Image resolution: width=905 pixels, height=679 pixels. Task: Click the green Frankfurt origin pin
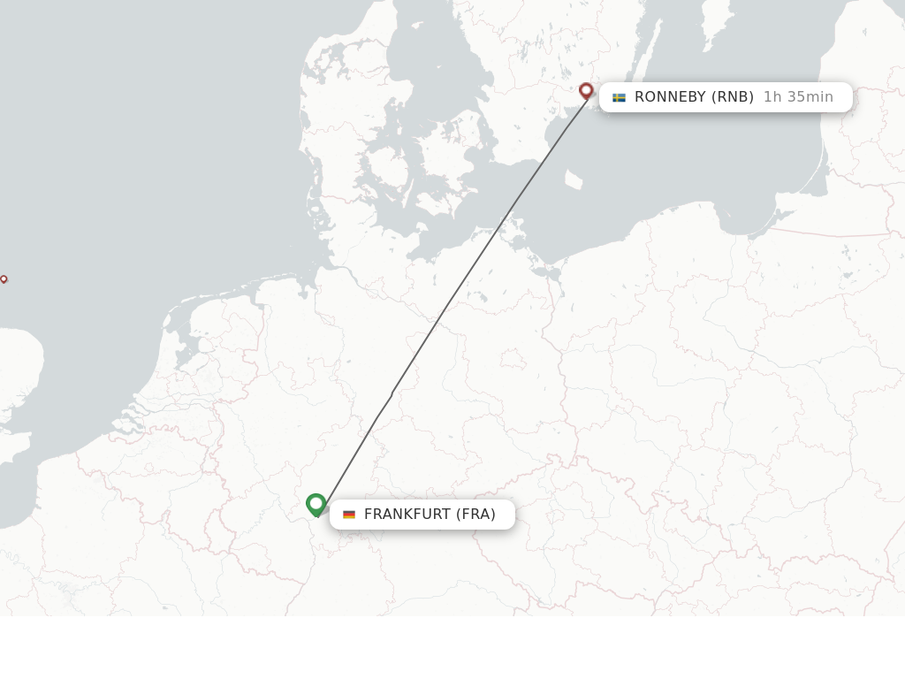(316, 504)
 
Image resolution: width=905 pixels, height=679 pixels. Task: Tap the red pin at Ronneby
(586, 90)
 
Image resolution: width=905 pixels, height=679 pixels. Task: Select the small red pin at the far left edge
(4, 279)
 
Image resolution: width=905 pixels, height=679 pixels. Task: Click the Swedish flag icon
(619, 97)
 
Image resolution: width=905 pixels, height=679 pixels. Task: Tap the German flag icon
(349, 515)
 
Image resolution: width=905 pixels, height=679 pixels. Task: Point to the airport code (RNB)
(733, 97)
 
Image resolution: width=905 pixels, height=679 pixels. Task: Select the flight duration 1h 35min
(798, 97)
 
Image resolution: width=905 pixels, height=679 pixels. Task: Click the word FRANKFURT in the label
(407, 515)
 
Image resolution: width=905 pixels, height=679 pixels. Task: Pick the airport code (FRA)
(475, 515)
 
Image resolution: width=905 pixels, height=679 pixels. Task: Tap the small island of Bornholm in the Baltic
(574, 179)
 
